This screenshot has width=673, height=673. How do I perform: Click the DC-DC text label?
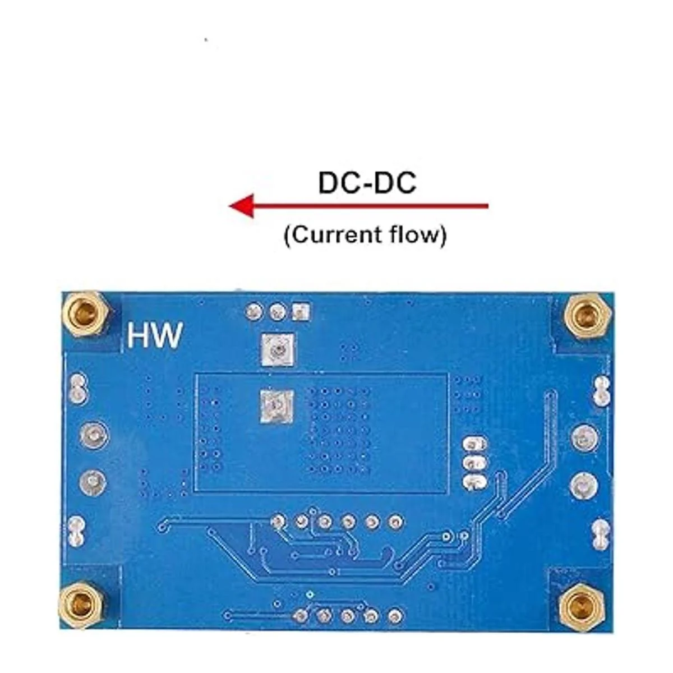367,183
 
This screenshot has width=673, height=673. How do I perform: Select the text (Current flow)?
365,234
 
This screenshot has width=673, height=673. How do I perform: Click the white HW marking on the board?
154,335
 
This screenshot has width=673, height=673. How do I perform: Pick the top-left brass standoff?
85,313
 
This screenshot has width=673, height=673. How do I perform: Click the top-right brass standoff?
586,314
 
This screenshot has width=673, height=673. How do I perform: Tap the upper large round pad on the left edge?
93,435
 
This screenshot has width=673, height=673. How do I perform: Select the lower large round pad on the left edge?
93,481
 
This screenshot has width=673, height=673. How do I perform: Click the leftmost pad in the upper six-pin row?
278,522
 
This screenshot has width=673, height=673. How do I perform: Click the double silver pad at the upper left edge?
78,389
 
